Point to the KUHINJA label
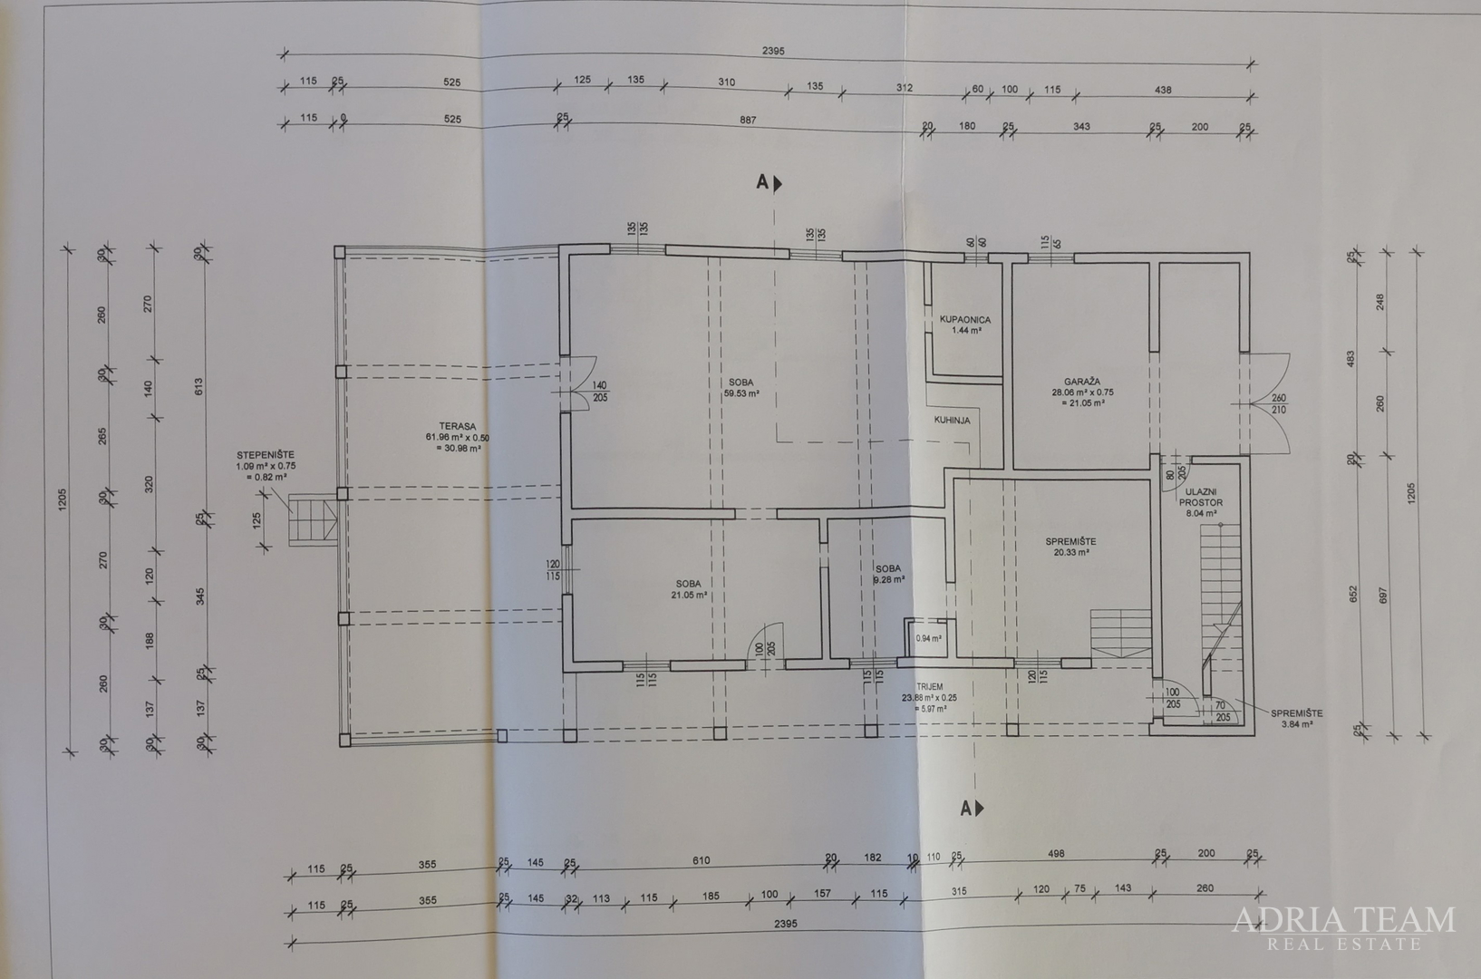tap(952, 421)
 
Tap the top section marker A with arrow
tap(769, 183)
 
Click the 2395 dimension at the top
tap(773, 52)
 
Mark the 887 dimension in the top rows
tap(747, 120)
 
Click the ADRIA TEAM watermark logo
tap(1343, 927)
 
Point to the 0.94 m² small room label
tap(928, 638)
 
